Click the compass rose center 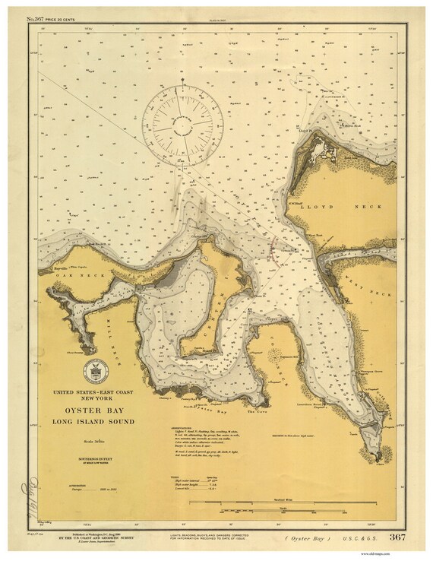185,121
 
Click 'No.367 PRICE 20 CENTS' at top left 57,17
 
